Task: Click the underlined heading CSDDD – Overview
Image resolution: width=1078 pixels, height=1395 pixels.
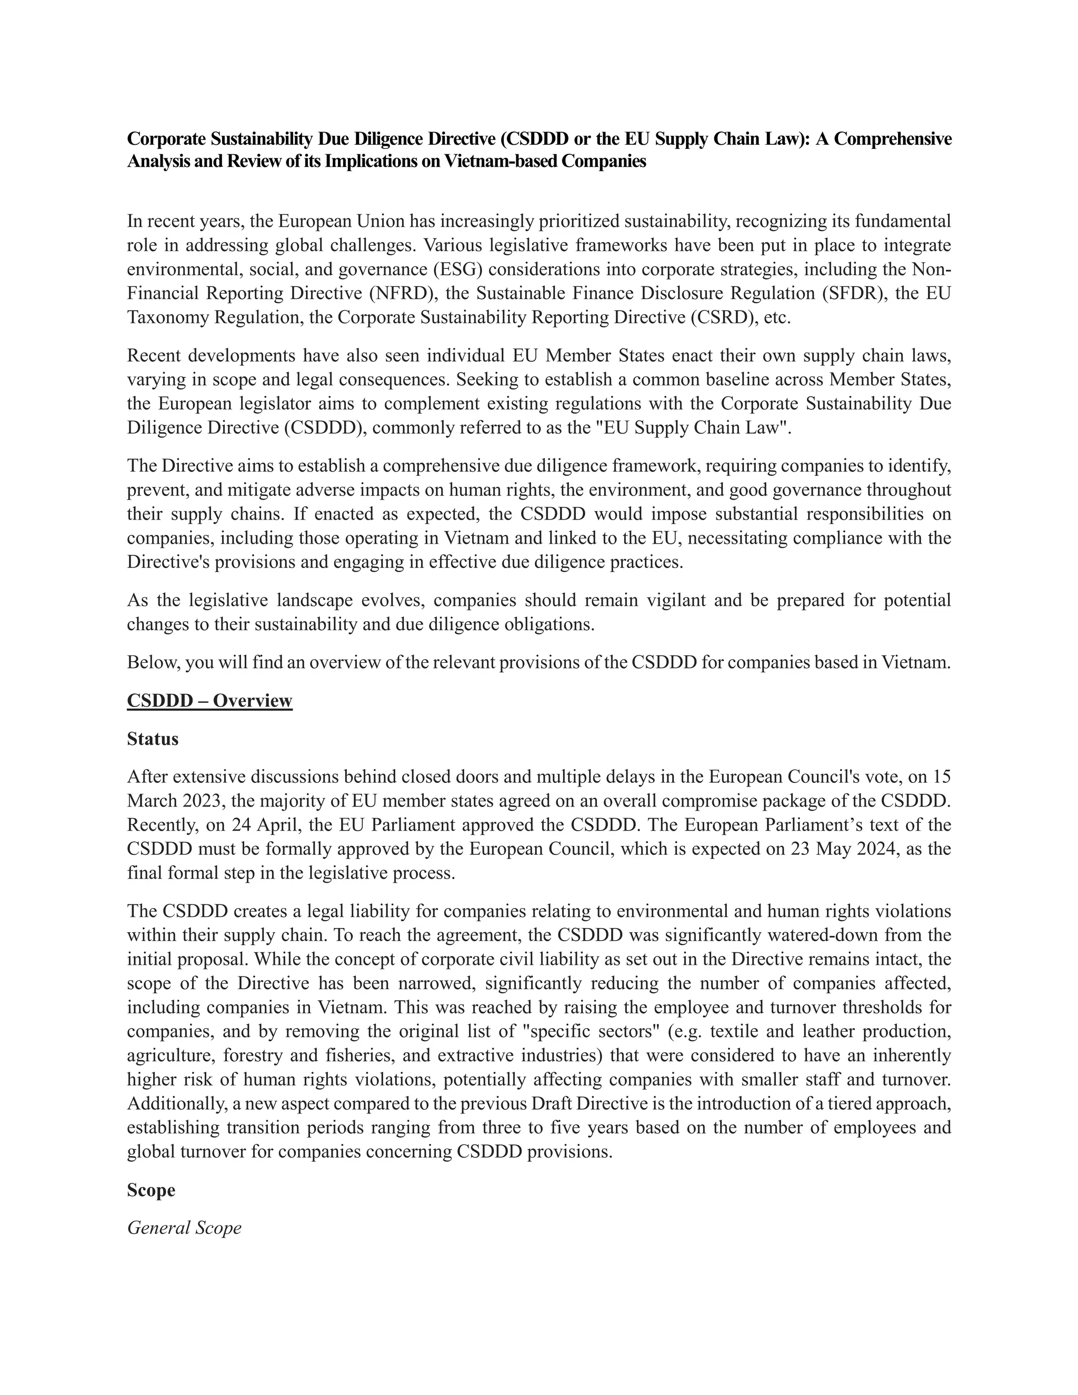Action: (209, 701)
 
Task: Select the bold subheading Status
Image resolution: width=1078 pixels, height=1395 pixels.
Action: (153, 739)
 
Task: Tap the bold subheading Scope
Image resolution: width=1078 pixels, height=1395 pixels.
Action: (151, 1190)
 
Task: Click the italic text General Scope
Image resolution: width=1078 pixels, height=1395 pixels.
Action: (184, 1228)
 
